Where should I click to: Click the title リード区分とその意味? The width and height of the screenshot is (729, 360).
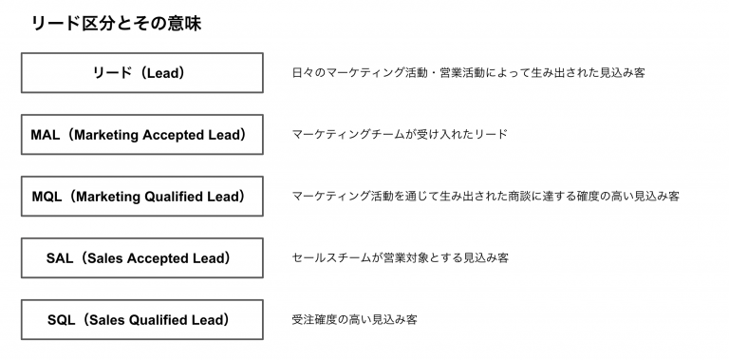click(x=116, y=24)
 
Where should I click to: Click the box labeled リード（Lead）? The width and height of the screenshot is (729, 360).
click(x=141, y=72)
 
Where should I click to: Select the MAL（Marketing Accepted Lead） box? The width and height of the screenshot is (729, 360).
click(x=141, y=135)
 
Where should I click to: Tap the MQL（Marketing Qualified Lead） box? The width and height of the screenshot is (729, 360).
click(x=141, y=197)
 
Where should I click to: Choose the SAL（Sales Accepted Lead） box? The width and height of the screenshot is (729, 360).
click(x=141, y=257)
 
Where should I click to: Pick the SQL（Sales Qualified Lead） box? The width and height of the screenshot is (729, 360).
click(x=141, y=319)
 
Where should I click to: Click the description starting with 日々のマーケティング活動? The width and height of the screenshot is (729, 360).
click(x=468, y=73)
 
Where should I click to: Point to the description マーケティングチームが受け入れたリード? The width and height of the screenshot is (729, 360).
click(x=400, y=135)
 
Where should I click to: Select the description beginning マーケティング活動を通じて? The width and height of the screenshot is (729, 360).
click(x=485, y=197)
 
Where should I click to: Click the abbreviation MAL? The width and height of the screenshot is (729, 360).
click(x=46, y=135)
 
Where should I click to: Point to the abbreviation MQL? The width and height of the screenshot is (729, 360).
click(x=47, y=197)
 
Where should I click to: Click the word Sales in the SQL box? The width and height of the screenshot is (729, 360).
click(x=104, y=319)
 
